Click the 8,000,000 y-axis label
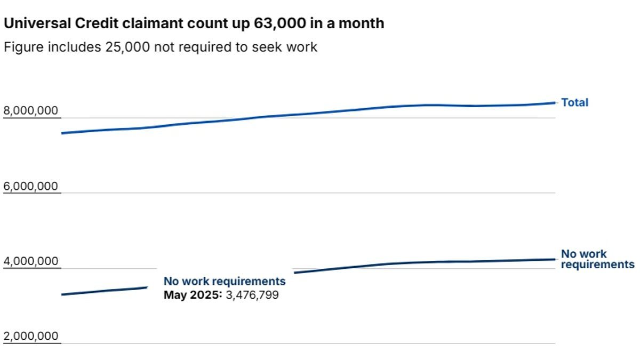[30, 111]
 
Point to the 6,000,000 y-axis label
[30, 186]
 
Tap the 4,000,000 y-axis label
[30, 261]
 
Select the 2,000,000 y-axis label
[30, 337]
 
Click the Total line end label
[574, 102]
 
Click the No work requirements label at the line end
[597, 259]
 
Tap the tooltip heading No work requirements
[225, 281]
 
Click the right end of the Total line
[555, 102]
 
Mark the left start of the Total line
[62, 133]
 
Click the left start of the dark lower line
[62, 294]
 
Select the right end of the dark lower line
[555, 259]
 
